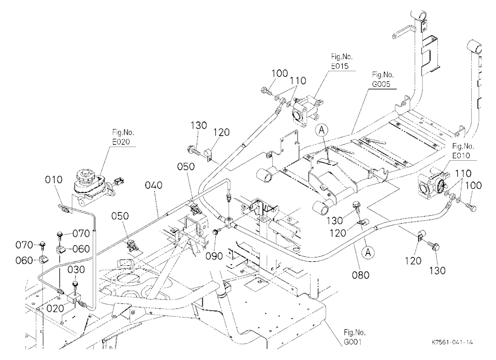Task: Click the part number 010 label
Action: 54,180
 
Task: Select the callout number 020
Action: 55,308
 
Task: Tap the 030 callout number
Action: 76,270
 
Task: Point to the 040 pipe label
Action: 154,185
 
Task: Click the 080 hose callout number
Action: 361,275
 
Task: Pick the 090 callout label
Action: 214,256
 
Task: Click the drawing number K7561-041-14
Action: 452,342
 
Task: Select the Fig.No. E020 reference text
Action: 123,137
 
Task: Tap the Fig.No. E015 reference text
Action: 342,61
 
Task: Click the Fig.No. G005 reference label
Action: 383,79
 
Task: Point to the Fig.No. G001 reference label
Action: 355,337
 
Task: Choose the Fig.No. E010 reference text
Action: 463,151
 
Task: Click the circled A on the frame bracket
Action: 322,130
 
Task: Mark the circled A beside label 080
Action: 368,252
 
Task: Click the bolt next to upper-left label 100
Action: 267,91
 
